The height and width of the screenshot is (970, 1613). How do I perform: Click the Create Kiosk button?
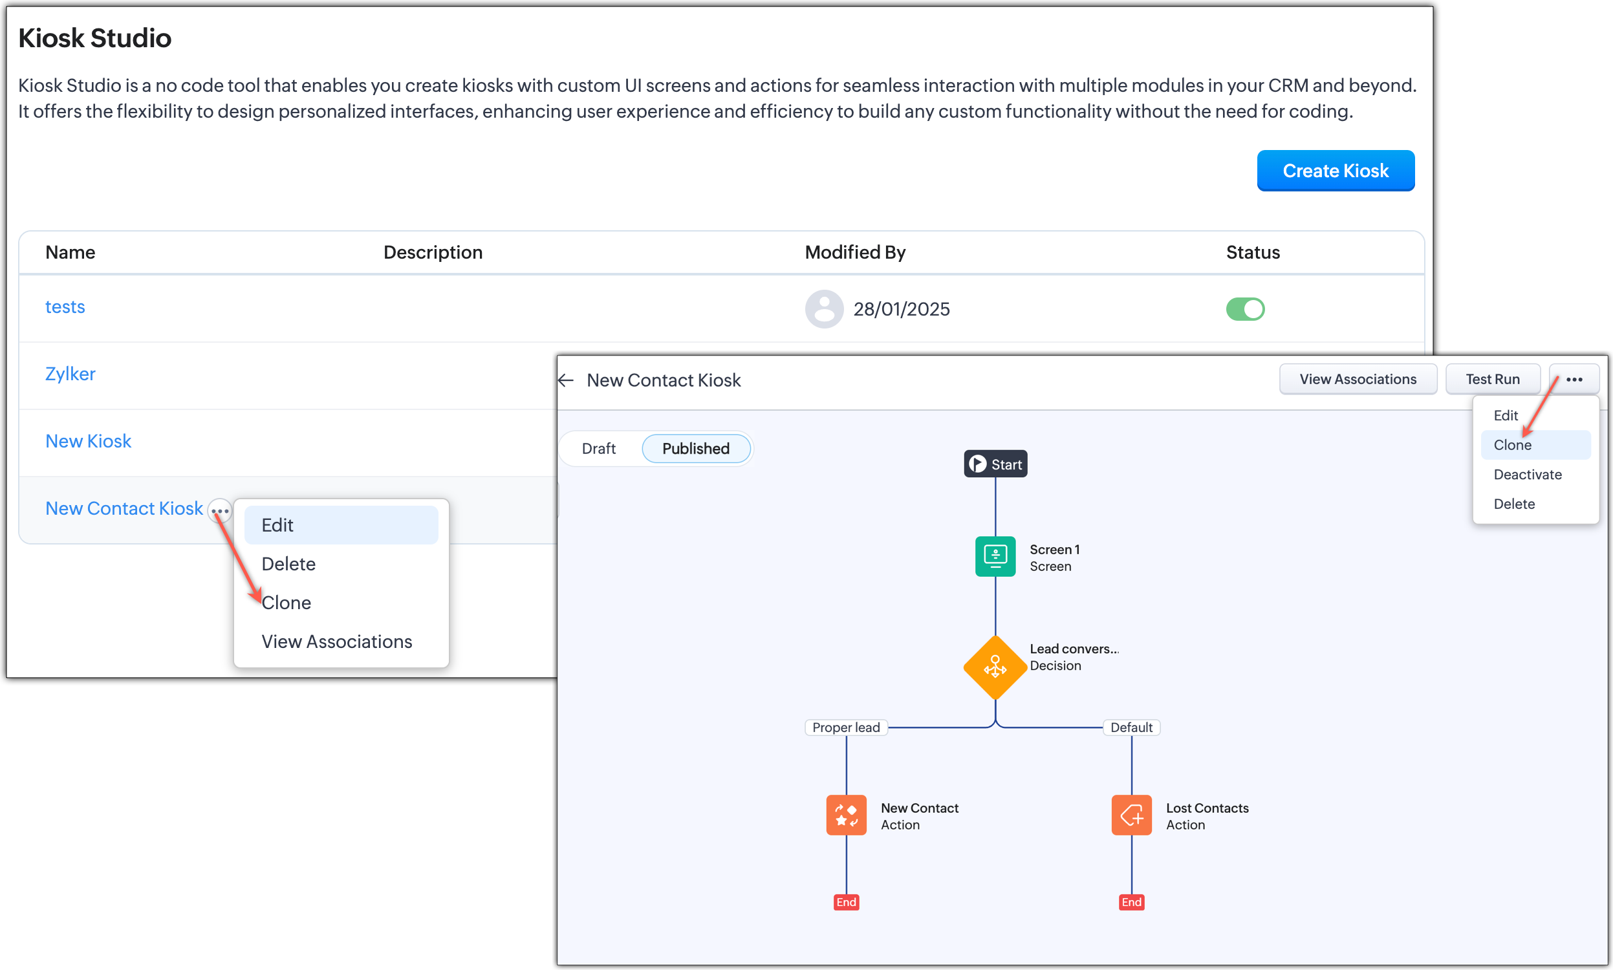(x=1335, y=171)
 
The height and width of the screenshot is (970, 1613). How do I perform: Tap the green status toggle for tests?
(x=1244, y=309)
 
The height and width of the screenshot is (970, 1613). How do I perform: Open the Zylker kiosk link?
(x=70, y=374)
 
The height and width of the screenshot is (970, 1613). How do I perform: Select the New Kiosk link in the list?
(x=88, y=441)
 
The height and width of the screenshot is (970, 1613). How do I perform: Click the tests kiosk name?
(x=65, y=307)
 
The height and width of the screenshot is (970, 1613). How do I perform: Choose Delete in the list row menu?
(x=288, y=563)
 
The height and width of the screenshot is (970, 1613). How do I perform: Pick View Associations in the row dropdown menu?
(x=336, y=641)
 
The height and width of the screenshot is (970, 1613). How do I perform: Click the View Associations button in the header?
(x=1357, y=379)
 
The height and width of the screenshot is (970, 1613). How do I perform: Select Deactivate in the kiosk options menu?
(x=1527, y=475)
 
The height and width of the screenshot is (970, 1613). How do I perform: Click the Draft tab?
(x=598, y=448)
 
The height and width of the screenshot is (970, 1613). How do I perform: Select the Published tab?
(x=695, y=448)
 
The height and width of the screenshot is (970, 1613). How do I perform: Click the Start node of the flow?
(x=995, y=464)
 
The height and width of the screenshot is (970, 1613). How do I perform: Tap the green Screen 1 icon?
(x=995, y=556)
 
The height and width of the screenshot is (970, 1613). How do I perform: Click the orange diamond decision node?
(x=995, y=667)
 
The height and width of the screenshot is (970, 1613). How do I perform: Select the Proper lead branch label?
(x=846, y=727)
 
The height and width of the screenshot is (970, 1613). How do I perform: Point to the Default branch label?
(x=1131, y=727)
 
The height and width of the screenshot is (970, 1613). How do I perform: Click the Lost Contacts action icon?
(x=1131, y=815)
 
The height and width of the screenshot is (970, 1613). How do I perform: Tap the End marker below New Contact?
(x=846, y=902)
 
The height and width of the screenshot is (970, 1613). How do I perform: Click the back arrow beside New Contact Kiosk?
(x=566, y=380)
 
